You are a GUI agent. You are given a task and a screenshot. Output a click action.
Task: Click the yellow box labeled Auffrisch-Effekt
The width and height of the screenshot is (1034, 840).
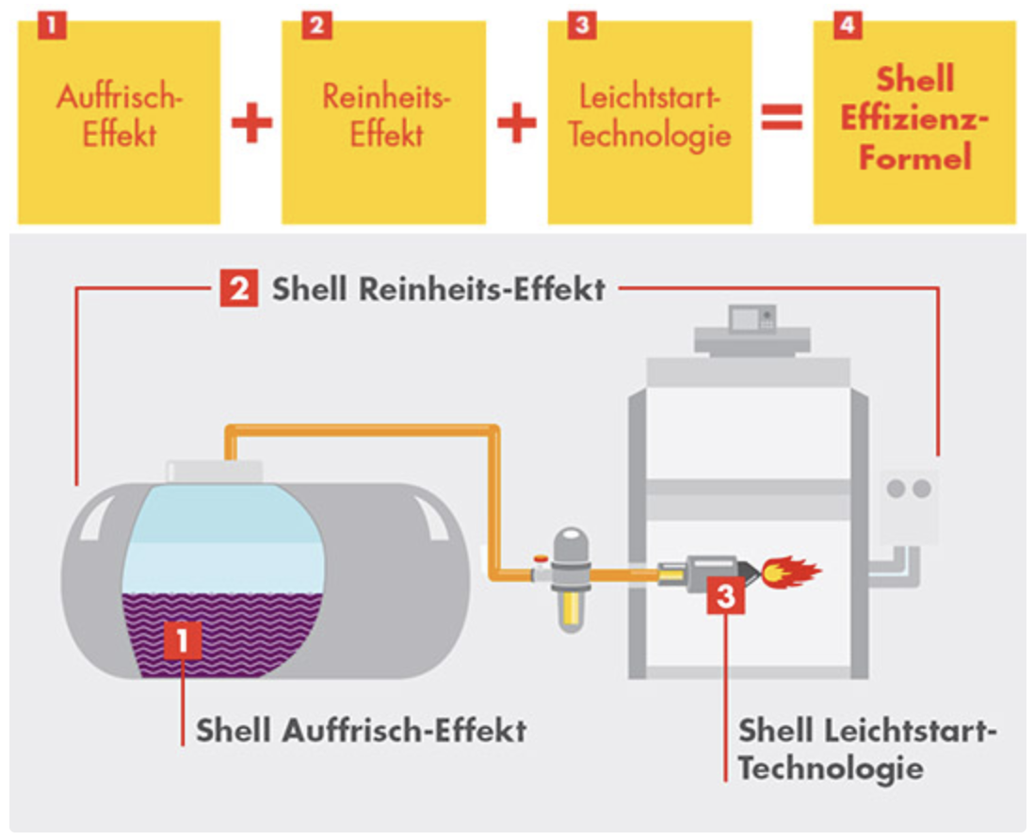coord(119,121)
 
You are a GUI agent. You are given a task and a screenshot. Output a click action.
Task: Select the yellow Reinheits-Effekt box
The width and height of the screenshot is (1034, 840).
coord(384,121)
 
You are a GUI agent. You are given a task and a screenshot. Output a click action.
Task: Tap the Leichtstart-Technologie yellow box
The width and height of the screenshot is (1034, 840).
coord(650,121)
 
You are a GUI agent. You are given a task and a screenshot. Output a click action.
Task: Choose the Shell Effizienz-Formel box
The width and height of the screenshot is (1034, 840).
coord(914,121)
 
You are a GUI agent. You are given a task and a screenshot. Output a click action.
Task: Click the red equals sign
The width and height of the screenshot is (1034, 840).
coord(782,117)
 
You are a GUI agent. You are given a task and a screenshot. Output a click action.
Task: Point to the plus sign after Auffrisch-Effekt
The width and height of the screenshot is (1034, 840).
coord(251,123)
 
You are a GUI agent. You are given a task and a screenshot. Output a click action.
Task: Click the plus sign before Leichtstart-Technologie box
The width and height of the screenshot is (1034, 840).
coord(516,123)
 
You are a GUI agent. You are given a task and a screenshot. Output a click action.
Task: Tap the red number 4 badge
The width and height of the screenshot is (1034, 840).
coord(848,25)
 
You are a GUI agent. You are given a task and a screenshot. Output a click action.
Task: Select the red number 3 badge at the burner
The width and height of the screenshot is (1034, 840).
coord(725,596)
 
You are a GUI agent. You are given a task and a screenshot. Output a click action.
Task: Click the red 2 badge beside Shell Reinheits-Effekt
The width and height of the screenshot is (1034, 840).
coord(239,288)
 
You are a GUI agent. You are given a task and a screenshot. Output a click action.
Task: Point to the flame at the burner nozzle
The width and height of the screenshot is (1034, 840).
coord(790,571)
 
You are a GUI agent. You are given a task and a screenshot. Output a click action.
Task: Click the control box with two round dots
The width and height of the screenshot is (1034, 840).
coord(910,507)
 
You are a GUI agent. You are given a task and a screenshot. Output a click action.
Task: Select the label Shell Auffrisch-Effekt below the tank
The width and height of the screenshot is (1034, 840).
coord(361,731)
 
